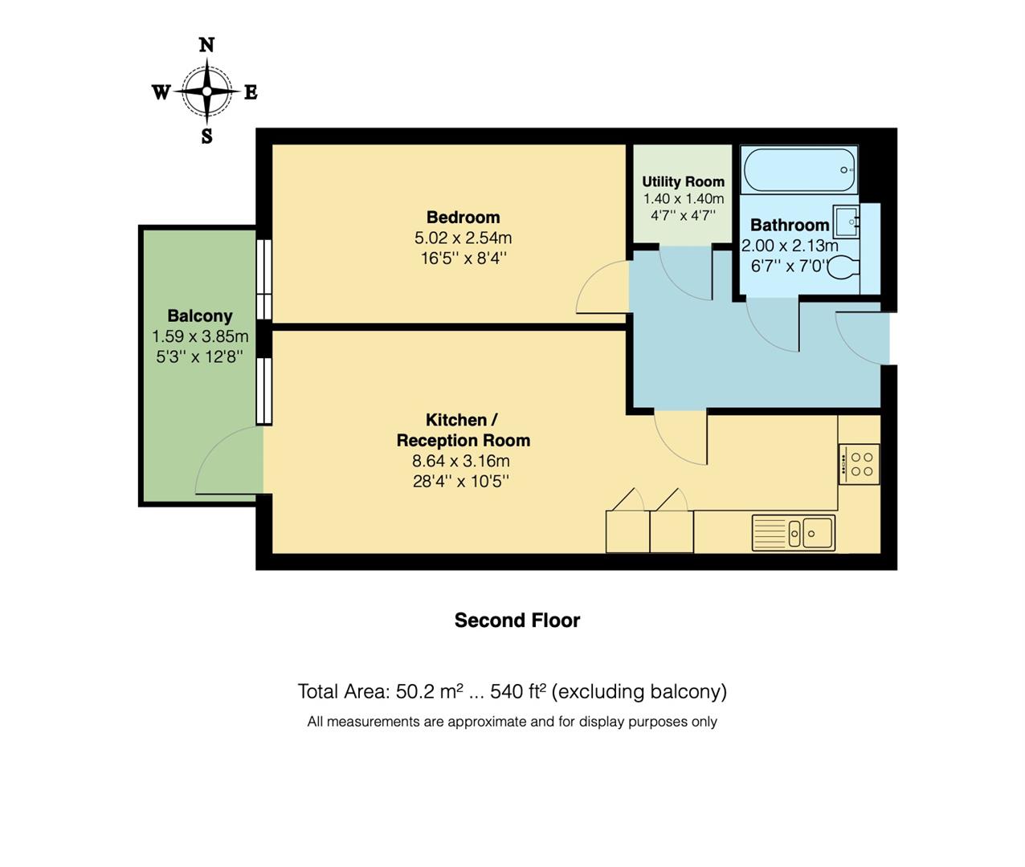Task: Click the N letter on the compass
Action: tap(206, 45)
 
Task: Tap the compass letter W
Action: tap(161, 92)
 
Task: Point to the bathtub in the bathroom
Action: tap(799, 170)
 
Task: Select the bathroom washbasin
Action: tap(847, 222)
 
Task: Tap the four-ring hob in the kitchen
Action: tap(860, 464)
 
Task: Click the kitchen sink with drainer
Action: tap(794, 533)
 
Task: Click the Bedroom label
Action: tap(463, 217)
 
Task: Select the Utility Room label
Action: tap(684, 181)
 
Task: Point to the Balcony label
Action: tap(200, 315)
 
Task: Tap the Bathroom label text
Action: tap(790, 225)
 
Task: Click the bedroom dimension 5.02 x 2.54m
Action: tap(463, 238)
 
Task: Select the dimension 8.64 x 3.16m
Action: tap(461, 461)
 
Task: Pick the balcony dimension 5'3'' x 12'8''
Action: tap(200, 356)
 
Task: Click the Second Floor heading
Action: tap(517, 621)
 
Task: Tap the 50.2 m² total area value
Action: tap(430, 691)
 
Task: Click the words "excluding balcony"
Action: tap(639, 691)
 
